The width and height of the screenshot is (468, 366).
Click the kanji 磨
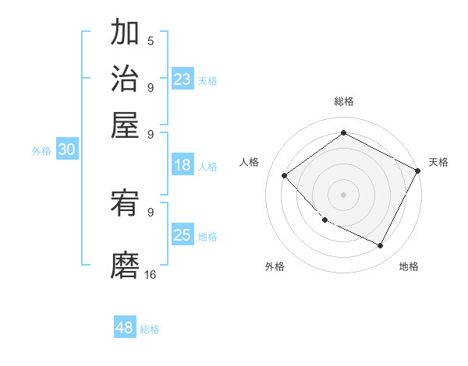click(x=125, y=265)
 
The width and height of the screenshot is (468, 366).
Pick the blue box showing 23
click(x=183, y=79)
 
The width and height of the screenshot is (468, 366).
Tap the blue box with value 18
click(x=183, y=165)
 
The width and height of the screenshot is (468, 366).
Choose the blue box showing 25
click(x=183, y=235)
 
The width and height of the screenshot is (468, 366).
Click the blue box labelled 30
click(x=66, y=150)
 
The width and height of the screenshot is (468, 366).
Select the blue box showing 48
click(x=125, y=328)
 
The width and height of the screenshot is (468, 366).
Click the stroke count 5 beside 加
click(x=150, y=40)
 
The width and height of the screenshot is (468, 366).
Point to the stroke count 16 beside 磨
click(x=150, y=274)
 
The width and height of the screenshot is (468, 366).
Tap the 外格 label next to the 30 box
click(x=41, y=151)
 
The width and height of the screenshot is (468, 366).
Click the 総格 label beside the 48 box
click(x=150, y=329)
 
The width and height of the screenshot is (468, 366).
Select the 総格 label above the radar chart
click(x=343, y=101)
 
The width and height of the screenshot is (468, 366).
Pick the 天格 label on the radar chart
click(x=438, y=162)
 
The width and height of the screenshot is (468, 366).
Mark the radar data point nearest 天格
click(x=418, y=171)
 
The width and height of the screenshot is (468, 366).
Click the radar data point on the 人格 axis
click(x=285, y=175)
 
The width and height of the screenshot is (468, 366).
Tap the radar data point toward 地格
click(x=381, y=246)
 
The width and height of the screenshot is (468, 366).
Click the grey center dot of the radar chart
click(x=343, y=194)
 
